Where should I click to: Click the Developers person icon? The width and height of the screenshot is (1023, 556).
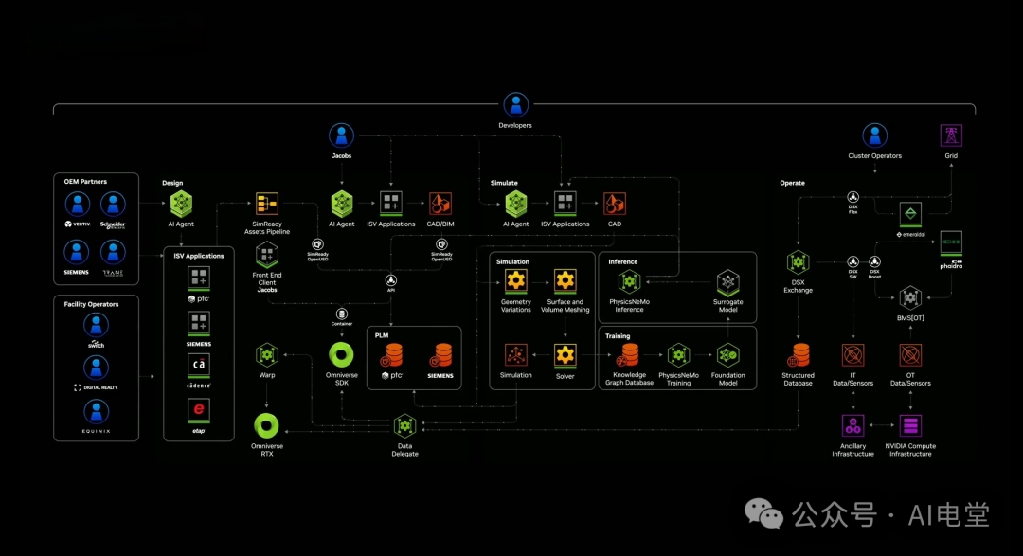pyautogui.click(x=515, y=104)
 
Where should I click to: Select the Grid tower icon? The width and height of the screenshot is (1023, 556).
pyautogui.click(x=950, y=135)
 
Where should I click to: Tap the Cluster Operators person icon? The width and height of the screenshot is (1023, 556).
pyautogui.click(x=874, y=135)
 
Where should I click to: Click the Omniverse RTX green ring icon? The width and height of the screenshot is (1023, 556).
pyautogui.click(x=267, y=425)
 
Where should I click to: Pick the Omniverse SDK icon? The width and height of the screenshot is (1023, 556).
pyautogui.click(x=341, y=355)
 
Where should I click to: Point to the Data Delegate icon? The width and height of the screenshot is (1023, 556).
pyautogui.click(x=404, y=426)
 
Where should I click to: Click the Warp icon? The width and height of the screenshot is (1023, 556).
pyautogui.click(x=267, y=355)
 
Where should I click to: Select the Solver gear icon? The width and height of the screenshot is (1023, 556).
pyautogui.click(x=565, y=355)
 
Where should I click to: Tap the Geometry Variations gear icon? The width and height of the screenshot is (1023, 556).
pyautogui.click(x=515, y=280)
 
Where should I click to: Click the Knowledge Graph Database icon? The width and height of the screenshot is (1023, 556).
pyautogui.click(x=629, y=355)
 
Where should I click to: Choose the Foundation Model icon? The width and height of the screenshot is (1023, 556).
pyautogui.click(x=727, y=355)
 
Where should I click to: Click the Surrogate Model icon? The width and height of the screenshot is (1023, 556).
pyautogui.click(x=727, y=281)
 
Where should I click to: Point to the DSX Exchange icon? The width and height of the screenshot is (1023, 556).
pyautogui.click(x=798, y=261)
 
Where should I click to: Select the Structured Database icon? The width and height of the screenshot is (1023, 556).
pyautogui.click(x=798, y=355)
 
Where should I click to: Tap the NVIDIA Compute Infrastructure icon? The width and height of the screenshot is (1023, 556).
pyautogui.click(x=910, y=425)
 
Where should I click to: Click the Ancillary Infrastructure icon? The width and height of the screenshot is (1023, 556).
pyautogui.click(x=852, y=425)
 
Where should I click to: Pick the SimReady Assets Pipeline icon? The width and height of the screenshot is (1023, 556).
pyautogui.click(x=266, y=204)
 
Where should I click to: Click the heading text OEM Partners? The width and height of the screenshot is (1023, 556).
pyautogui.click(x=87, y=181)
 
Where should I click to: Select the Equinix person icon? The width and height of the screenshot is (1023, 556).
pyautogui.click(x=96, y=411)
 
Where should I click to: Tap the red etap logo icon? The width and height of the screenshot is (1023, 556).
pyautogui.click(x=199, y=410)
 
